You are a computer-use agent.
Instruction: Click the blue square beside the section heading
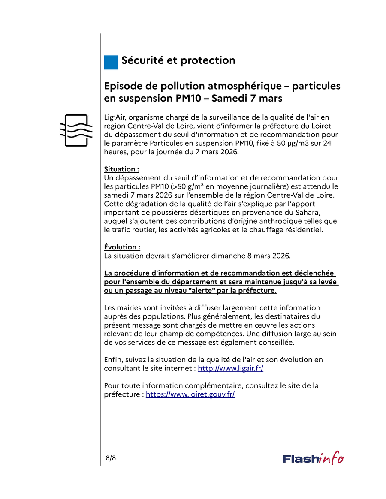(111, 62)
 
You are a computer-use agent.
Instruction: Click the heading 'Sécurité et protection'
(178, 60)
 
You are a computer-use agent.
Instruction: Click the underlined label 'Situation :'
(121, 169)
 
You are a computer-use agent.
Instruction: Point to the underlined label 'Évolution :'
(122, 247)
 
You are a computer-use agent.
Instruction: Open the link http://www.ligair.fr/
(230, 368)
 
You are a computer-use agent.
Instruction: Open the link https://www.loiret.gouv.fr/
(190, 394)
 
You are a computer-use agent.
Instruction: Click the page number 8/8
(111, 458)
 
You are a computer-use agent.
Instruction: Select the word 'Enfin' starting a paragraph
(113, 360)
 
